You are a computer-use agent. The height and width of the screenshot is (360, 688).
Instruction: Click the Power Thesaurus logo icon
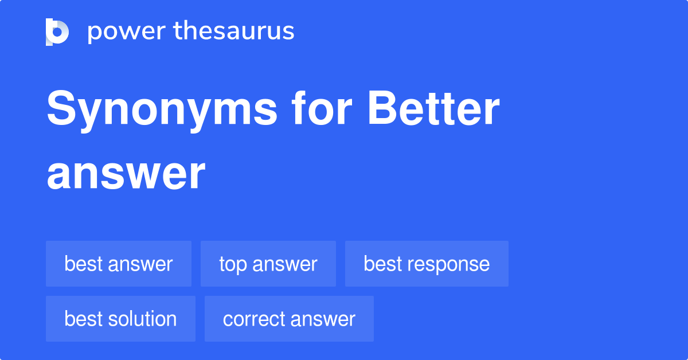tap(57, 32)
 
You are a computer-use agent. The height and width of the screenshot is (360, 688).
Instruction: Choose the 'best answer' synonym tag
tap(119, 264)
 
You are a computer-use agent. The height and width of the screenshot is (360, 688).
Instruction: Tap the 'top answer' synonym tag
tap(268, 264)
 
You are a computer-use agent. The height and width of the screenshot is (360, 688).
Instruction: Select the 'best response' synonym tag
tap(427, 264)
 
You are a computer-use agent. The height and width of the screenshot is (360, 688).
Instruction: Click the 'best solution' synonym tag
tap(120, 319)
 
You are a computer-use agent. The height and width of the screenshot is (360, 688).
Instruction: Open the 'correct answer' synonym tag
tap(289, 319)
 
